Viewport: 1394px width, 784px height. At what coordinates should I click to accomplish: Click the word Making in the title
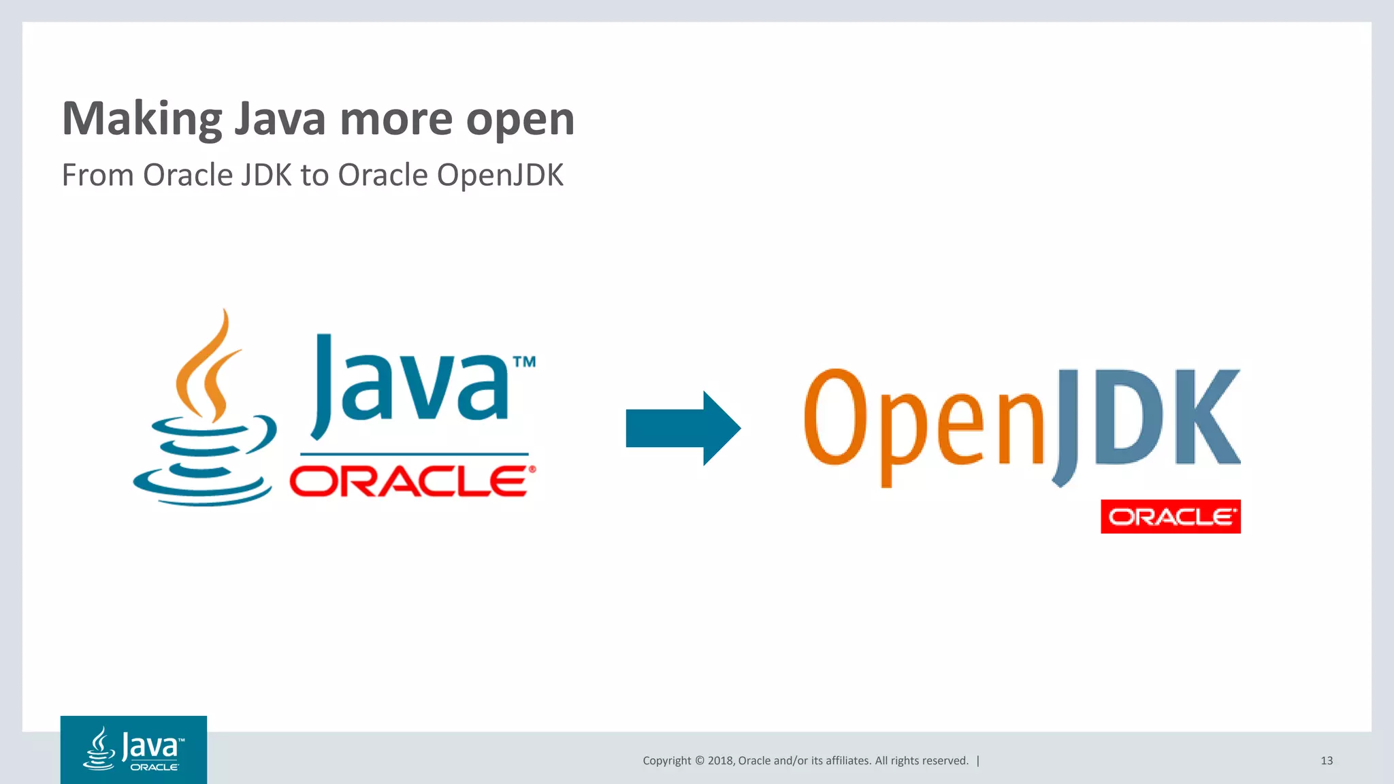click(x=142, y=119)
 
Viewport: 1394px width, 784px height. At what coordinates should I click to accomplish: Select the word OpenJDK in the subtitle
click(x=500, y=175)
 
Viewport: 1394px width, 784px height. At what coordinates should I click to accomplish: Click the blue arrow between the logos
click(x=682, y=428)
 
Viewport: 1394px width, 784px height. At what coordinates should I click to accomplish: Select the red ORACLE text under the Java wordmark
click(x=408, y=482)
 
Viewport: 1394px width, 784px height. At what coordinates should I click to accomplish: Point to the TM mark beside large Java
click(x=524, y=362)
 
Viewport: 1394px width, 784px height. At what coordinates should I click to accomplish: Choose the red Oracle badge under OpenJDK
click(x=1170, y=517)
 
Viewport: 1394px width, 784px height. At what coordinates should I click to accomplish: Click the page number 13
click(x=1327, y=761)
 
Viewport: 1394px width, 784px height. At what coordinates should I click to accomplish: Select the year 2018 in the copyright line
click(x=720, y=761)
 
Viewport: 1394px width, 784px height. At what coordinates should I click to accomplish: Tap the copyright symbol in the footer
click(x=699, y=761)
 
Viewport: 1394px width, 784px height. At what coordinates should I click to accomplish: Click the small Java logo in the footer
click(x=133, y=749)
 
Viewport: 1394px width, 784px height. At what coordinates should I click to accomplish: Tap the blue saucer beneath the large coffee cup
click(x=201, y=487)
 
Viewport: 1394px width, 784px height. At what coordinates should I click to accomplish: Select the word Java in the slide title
click(x=280, y=119)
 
